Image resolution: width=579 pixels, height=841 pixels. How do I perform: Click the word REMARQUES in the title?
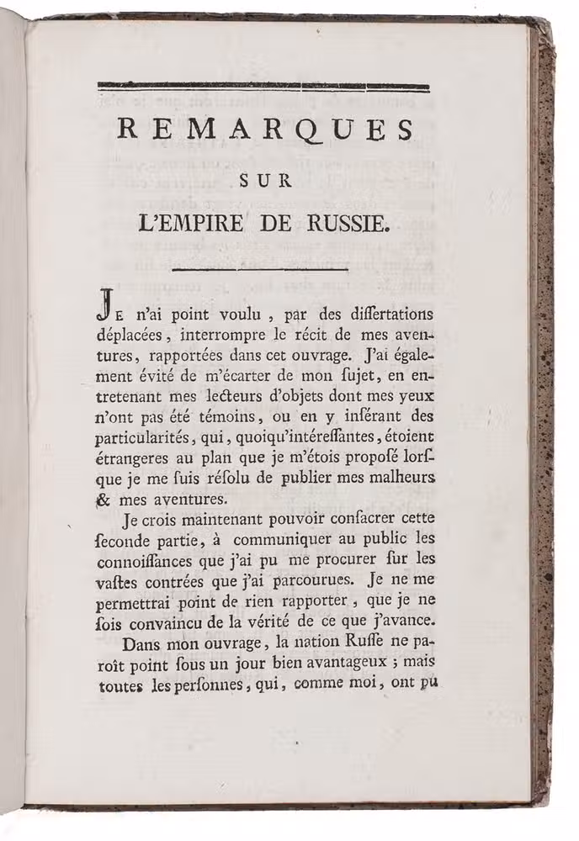(x=264, y=130)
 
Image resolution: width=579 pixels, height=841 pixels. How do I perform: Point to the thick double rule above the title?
(x=263, y=86)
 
